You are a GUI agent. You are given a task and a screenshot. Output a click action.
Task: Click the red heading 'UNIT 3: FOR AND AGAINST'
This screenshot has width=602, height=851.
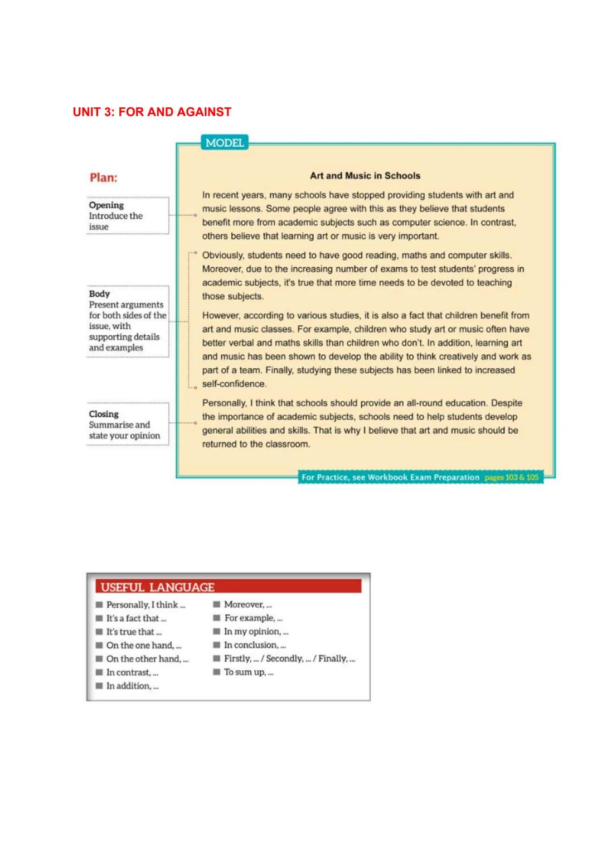click(152, 112)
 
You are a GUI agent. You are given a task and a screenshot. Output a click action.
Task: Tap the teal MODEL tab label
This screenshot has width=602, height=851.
click(225, 143)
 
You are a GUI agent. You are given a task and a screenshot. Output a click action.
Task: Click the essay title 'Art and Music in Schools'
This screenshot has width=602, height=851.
click(365, 176)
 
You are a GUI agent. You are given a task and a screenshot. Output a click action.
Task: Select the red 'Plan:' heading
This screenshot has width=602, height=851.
click(104, 177)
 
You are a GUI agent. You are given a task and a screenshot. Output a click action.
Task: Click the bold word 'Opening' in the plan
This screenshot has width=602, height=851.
click(106, 205)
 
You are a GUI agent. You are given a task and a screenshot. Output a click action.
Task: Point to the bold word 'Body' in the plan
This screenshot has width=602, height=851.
click(100, 294)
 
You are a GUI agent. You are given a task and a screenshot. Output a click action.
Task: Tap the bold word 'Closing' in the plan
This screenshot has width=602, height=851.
click(104, 414)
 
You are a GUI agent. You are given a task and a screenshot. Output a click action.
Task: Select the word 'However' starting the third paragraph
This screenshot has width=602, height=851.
click(220, 316)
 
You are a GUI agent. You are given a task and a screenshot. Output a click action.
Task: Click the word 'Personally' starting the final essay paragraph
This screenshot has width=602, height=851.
click(224, 403)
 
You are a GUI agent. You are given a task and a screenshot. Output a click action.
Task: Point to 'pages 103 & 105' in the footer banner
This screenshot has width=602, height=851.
click(511, 478)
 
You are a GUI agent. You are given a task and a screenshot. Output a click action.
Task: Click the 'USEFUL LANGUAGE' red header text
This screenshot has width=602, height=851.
click(158, 587)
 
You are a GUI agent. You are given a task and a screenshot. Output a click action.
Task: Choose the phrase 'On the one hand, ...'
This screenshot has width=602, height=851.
click(144, 645)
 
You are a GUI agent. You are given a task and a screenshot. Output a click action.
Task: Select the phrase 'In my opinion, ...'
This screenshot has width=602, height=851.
click(256, 632)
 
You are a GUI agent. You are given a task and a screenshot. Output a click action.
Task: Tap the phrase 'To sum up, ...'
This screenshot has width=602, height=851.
click(249, 672)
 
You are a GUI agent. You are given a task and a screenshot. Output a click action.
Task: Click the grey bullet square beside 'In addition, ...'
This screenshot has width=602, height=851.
click(99, 686)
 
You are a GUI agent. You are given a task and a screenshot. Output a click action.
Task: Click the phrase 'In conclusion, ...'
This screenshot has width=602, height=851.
click(255, 645)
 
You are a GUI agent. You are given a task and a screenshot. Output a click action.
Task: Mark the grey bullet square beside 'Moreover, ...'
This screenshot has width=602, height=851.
click(217, 604)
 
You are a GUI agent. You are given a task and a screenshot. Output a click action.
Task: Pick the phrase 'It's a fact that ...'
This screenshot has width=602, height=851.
click(136, 618)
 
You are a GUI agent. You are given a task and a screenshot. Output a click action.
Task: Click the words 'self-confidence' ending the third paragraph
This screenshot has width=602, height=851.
click(234, 384)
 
